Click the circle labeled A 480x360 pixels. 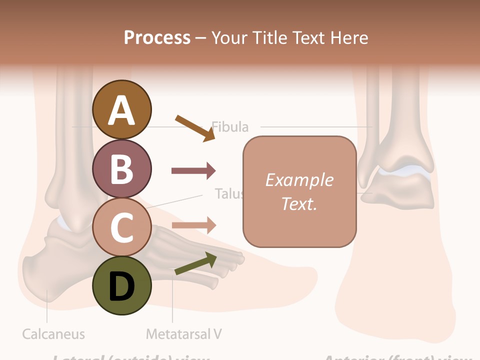point(121,109)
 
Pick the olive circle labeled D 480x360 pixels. point(121,285)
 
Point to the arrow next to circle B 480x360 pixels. point(193,171)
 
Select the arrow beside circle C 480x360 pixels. point(193,225)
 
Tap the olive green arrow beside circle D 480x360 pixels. point(195,264)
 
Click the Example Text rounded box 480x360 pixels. point(299,191)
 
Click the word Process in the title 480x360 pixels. point(157,37)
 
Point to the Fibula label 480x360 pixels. point(230,127)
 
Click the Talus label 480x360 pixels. point(228,193)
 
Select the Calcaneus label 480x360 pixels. point(53,333)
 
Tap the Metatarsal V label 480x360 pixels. point(183,333)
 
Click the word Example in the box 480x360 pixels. point(299,180)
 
